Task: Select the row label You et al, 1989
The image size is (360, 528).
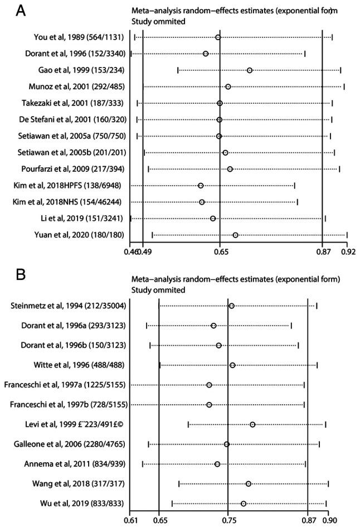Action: (77, 37)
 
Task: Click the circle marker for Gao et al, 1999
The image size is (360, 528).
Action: (250, 70)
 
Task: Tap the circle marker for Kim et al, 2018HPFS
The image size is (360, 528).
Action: (201, 185)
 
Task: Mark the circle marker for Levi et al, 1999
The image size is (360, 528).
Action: (252, 425)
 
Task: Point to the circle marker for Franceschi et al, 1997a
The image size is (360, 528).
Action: (209, 385)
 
